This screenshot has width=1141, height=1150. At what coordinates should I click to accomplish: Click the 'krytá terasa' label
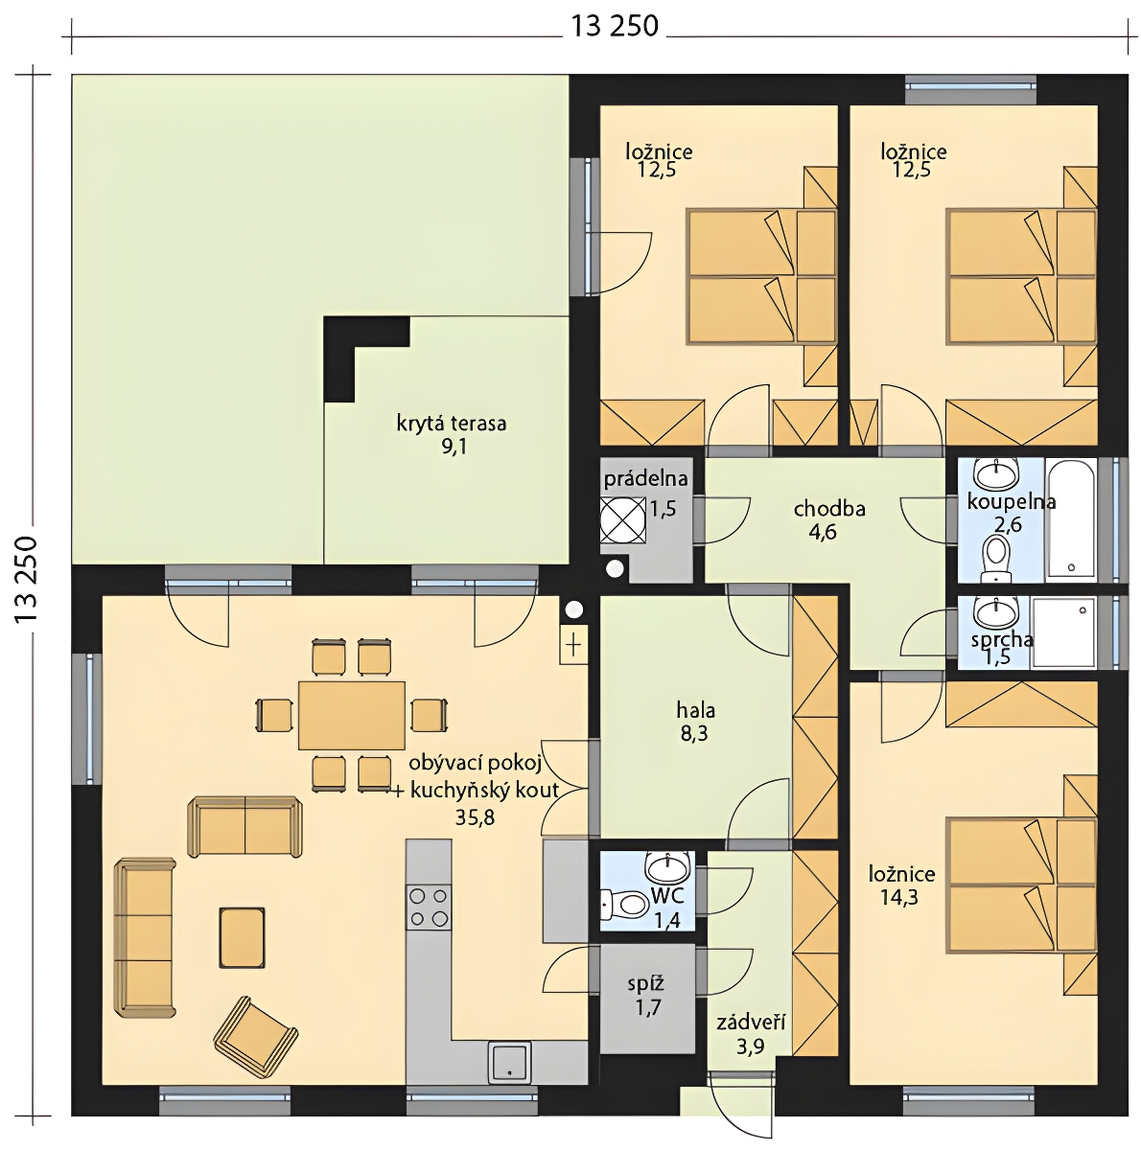[x=451, y=424]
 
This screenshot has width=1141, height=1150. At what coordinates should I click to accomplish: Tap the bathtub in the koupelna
[x=1070, y=519]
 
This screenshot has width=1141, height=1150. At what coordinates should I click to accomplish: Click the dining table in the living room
[x=351, y=715]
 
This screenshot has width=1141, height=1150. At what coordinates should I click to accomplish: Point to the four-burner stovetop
[x=429, y=908]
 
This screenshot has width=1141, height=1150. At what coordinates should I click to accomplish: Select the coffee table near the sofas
[x=242, y=937]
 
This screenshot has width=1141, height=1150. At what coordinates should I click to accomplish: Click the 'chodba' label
[x=829, y=509]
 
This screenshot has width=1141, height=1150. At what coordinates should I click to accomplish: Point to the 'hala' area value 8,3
[x=694, y=733]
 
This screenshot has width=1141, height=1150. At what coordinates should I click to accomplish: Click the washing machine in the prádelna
[x=623, y=519]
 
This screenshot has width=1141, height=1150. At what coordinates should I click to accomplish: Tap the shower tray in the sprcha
[x=1064, y=632]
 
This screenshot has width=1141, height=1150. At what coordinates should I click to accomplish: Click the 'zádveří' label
[x=751, y=1023]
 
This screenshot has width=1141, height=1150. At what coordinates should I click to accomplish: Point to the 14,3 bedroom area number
[x=899, y=897]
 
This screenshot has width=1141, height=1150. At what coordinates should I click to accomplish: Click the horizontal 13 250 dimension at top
[x=615, y=26]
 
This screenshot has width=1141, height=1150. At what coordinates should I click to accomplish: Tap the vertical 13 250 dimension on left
[x=26, y=580]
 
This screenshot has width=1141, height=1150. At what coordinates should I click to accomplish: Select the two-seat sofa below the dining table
[x=244, y=826]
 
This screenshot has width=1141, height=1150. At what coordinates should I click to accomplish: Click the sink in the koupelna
[x=996, y=473]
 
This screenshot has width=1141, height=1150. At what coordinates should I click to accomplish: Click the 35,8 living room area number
[x=475, y=817]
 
